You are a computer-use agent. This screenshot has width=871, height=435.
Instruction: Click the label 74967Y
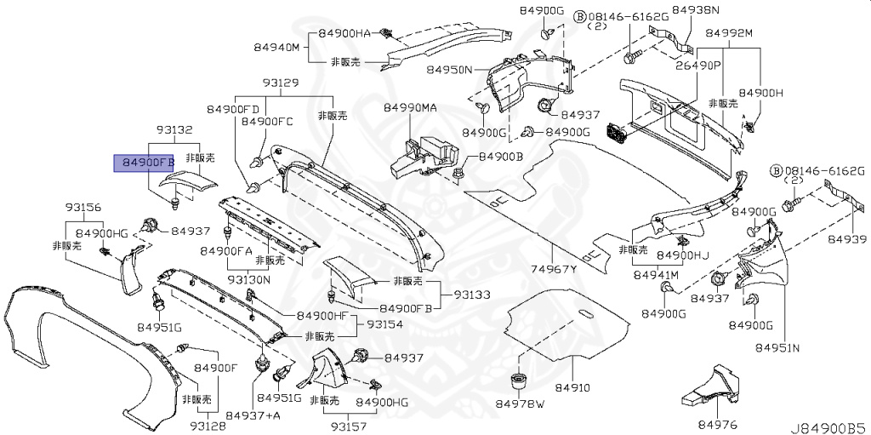[554, 270]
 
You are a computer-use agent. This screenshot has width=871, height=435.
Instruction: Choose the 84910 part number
[572, 387]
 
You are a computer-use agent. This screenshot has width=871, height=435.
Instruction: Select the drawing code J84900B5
[828, 425]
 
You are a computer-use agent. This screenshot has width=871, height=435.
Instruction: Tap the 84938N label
[695, 10]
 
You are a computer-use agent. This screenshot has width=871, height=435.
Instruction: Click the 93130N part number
[248, 279]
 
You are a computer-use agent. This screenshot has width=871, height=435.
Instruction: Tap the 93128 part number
[208, 425]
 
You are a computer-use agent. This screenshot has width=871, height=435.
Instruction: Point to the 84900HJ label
[682, 255]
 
